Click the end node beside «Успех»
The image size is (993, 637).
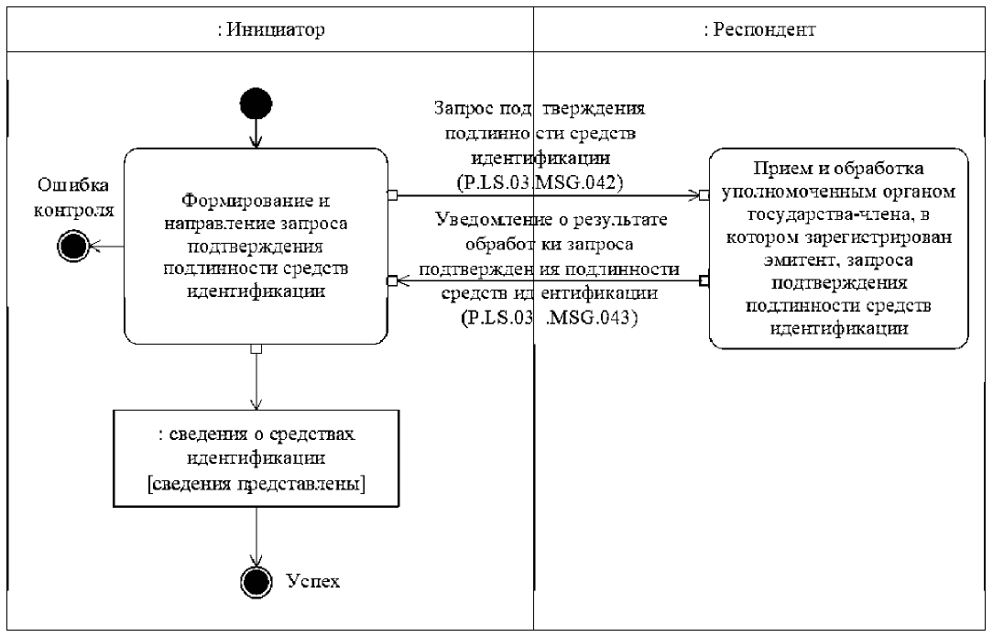click(256, 580)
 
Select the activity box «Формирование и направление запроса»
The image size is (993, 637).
click(256, 246)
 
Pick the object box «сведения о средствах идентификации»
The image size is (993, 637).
click(256, 456)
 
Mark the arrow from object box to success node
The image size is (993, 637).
click(256, 536)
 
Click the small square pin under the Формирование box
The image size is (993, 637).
click(256, 348)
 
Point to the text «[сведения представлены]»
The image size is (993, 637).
click(256, 484)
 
